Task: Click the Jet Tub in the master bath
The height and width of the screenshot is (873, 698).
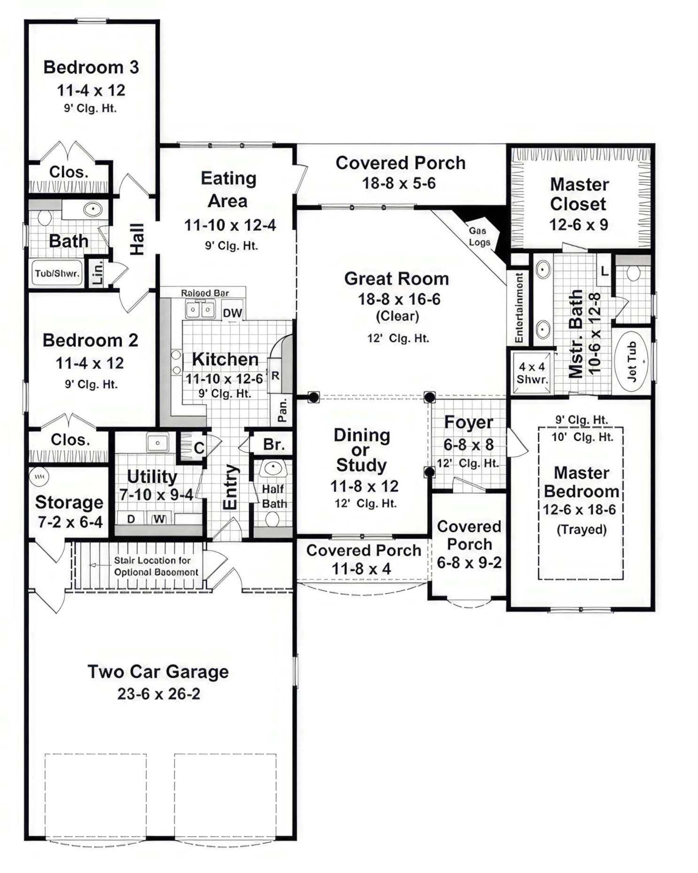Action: (633, 361)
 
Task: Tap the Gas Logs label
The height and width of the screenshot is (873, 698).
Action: (478, 237)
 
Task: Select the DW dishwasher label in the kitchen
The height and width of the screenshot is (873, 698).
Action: (232, 313)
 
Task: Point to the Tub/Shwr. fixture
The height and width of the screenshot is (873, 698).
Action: (57, 273)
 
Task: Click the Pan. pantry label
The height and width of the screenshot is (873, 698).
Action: (282, 410)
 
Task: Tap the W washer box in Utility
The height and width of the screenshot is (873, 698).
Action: (159, 519)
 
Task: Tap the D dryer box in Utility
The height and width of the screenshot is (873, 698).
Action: (131, 519)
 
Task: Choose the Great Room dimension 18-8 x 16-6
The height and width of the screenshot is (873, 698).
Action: (399, 299)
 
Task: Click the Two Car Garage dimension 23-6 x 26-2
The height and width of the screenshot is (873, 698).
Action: (158, 694)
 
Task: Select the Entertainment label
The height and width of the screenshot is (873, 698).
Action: (519, 308)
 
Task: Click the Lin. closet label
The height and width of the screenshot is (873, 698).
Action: (97, 273)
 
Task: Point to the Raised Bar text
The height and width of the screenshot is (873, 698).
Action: (205, 293)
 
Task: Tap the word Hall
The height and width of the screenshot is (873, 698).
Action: (137, 239)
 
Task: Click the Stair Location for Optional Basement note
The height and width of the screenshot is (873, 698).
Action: (156, 566)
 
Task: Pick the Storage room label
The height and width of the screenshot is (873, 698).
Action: (69, 502)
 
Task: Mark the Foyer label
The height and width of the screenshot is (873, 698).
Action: (468, 422)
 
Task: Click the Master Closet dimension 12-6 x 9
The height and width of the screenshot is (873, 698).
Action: (579, 225)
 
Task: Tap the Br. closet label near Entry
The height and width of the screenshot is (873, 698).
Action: (274, 444)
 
